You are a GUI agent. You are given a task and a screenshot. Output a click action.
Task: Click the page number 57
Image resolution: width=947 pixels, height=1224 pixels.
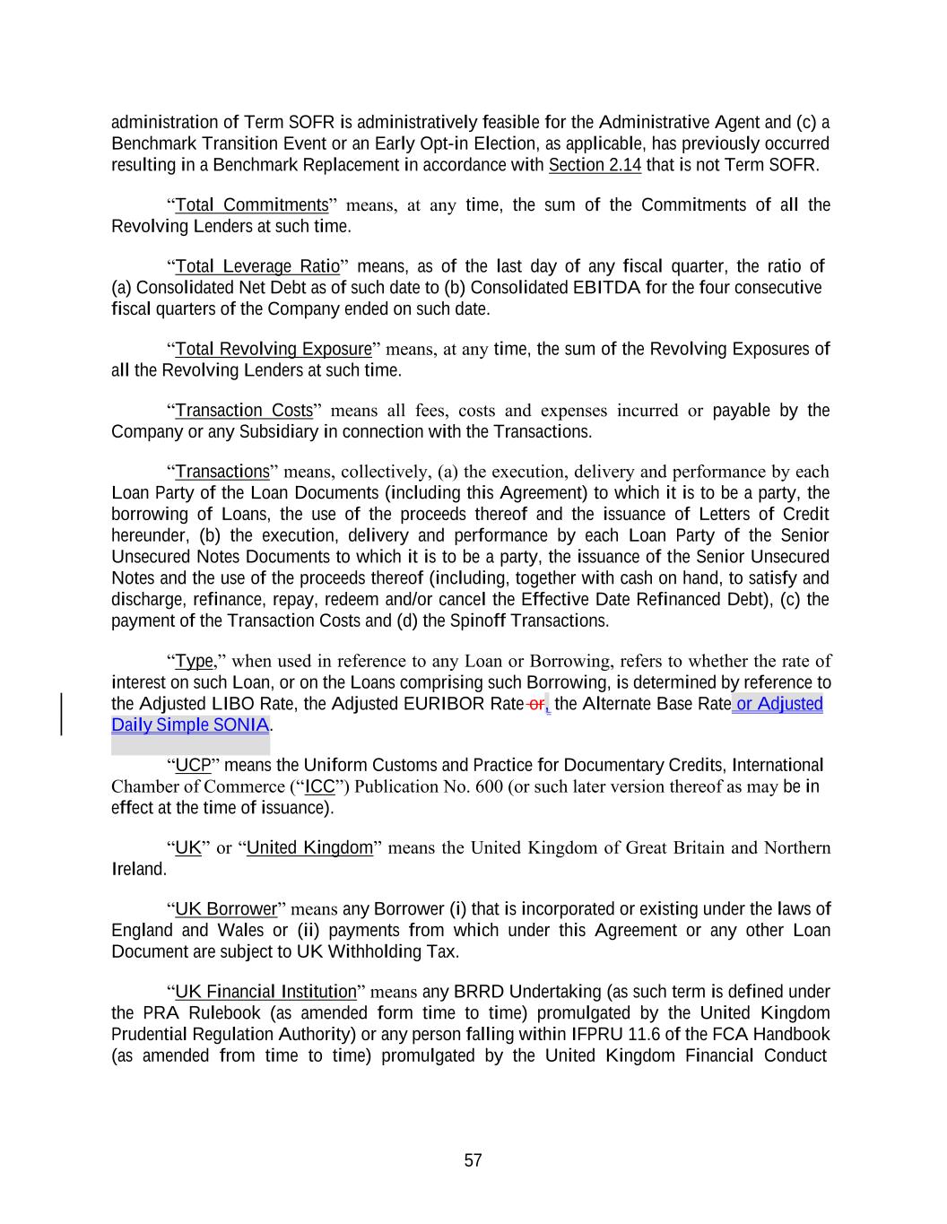[x=473, y=1160]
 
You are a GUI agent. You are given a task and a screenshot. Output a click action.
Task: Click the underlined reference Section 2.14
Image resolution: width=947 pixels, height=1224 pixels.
[x=595, y=165]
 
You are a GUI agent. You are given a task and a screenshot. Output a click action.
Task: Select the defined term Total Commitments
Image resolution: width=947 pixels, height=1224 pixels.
[x=252, y=205]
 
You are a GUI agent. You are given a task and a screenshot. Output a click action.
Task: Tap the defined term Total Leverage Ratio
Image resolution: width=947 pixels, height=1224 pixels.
[x=257, y=266]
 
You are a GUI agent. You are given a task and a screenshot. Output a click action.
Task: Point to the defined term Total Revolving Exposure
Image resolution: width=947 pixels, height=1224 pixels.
[x=274, y=349]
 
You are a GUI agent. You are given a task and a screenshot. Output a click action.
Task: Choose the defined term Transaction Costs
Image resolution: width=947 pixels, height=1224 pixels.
[x=244, y=411]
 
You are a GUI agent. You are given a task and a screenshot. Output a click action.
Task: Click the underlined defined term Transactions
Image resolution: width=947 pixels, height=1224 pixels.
[x=222, y=472]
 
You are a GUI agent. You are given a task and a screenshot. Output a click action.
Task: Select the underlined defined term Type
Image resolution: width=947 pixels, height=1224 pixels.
[x=195, y=662]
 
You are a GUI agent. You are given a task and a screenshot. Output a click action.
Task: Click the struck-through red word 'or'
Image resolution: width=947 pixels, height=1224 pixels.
[x=536, y=704]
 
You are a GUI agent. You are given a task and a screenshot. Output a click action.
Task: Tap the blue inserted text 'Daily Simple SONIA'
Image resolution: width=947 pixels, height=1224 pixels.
[x=190, y=725]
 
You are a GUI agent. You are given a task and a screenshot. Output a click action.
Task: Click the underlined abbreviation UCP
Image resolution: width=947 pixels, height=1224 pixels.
[x=193, y=766]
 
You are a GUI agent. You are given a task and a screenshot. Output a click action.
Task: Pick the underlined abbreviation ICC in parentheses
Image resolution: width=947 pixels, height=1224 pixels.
[x=320, y=787]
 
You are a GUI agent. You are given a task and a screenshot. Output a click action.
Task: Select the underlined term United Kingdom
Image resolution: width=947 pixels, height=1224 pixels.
[x=309, y=848]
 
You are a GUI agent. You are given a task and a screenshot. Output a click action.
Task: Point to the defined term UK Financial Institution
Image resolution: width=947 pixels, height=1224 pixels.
[x=265, y=992]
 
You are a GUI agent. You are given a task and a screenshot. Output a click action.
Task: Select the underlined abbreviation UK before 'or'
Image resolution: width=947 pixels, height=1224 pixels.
[x=188, y=848]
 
